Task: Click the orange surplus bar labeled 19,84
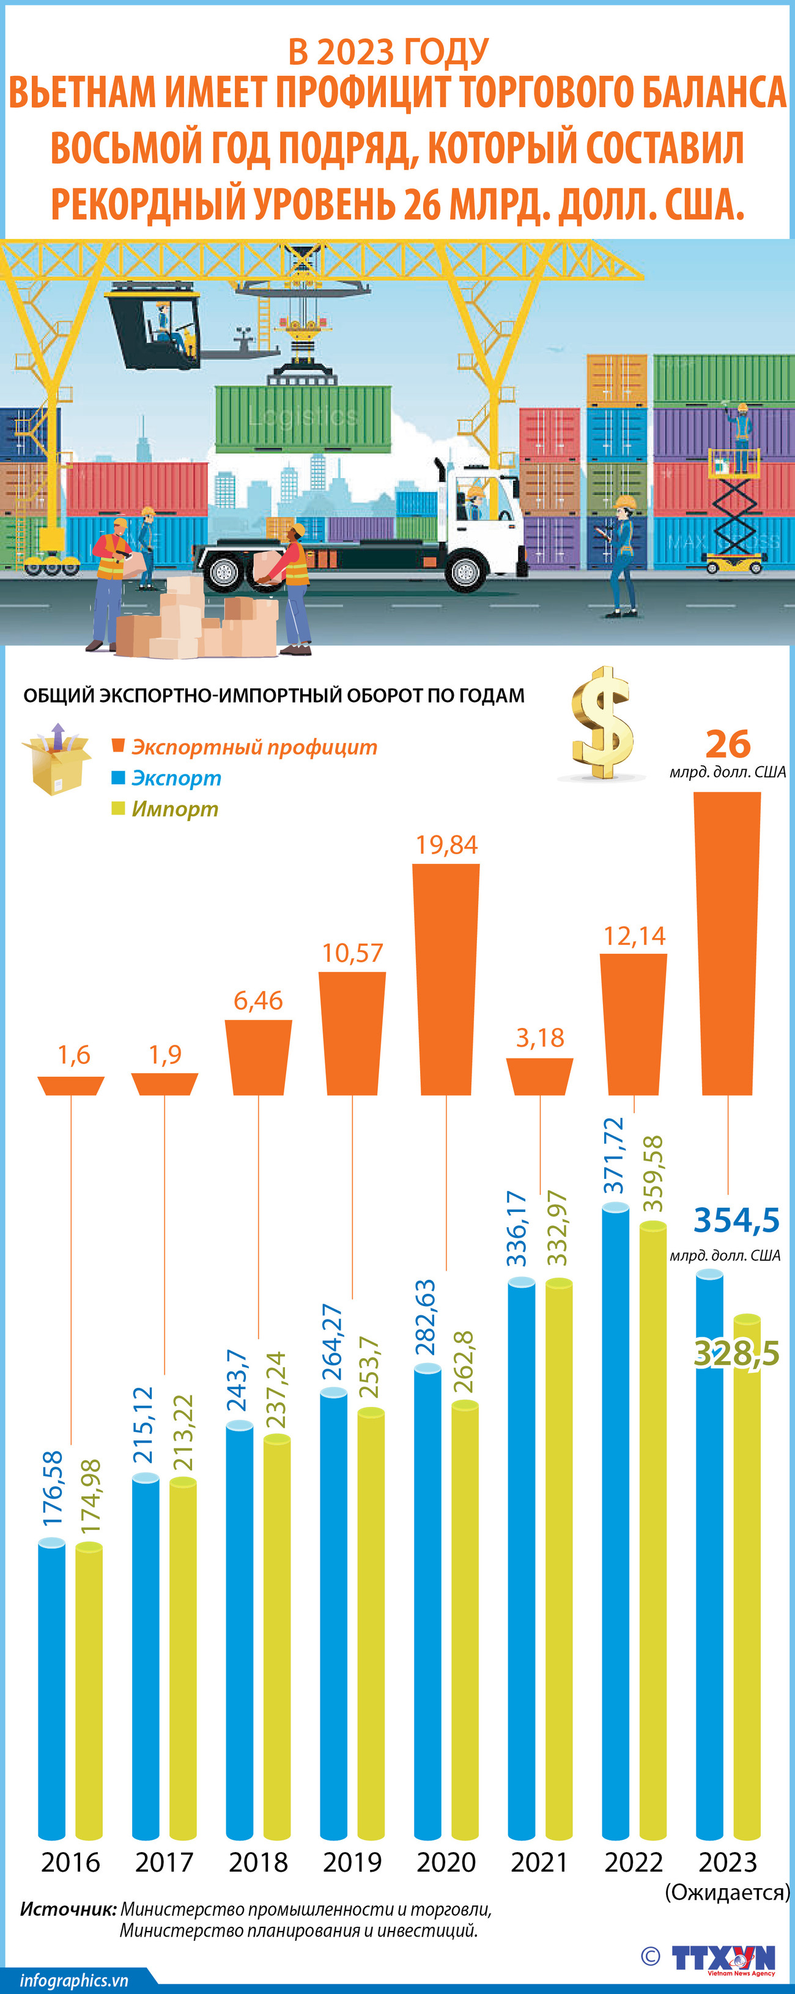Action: coord(446,978)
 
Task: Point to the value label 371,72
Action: coord(613,1156)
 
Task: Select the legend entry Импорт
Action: coord(174,809)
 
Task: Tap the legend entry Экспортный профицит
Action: coord(254,747)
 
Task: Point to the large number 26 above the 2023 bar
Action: coord(728,744)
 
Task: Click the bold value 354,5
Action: coord(736,1220)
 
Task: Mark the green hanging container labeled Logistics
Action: coord(303,418)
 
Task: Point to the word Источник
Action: coord(68,1910)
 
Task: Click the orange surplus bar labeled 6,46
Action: coord(259,1057)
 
